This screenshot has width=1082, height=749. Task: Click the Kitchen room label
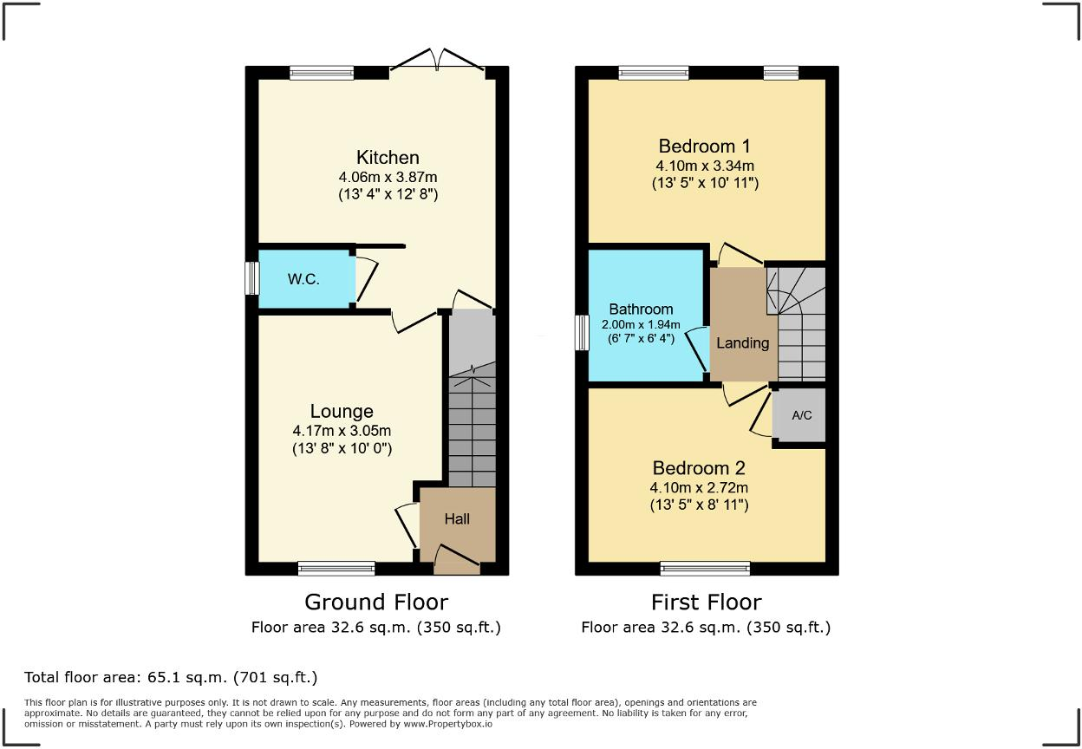(388, 157)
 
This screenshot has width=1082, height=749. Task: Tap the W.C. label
(304, 280)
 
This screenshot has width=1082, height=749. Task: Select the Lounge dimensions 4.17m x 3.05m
(342, 431)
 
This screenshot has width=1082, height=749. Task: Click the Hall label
(457, 518)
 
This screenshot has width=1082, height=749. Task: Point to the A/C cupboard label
(802, 415)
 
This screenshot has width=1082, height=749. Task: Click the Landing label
(742, 342)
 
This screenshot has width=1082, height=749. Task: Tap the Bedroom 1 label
(704, 146)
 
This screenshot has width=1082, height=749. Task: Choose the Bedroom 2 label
(699, 467)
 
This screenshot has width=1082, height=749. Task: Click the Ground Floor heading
(376, 602)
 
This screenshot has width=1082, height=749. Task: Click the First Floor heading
(706, 602)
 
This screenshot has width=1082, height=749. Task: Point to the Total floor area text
(171, 677)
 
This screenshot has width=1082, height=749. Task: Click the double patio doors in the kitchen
(438, 62)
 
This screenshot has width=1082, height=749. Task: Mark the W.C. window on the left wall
(251, 279)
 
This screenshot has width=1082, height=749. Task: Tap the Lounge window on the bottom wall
(336, 569)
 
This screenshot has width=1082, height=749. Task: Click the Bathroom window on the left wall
(582, 333)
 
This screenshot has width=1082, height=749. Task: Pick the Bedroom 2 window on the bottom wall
(704, 569)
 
